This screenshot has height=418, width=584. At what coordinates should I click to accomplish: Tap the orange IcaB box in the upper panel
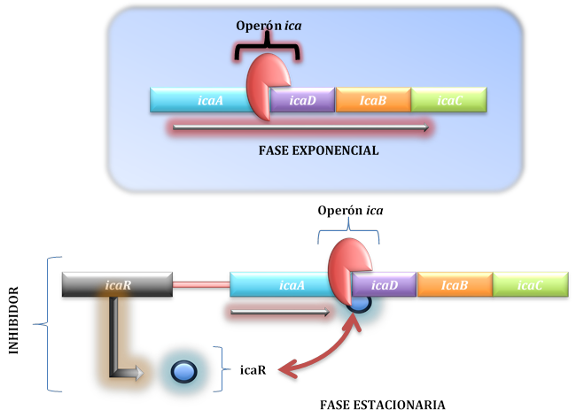pos(373,100)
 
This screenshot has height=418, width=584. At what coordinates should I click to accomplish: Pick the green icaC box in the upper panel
pos(449,100)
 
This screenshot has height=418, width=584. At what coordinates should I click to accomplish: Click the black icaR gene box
pos(116,285)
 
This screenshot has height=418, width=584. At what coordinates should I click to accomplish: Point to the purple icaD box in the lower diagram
pos(385,285)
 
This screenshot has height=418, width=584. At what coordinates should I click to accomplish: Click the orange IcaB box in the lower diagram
pos(455,285)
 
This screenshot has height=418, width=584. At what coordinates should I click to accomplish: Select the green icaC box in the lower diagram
pos(530,285)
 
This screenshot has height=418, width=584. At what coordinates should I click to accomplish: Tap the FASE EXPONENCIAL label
pos(318,151)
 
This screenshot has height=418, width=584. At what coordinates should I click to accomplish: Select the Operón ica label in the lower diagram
pos(350,211)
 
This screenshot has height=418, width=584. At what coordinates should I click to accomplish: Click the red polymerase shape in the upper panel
pos(262,86)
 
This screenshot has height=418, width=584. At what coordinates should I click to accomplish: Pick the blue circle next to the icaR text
pos(183,372)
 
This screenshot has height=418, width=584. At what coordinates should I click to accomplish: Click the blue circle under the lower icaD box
pos(361,304)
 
